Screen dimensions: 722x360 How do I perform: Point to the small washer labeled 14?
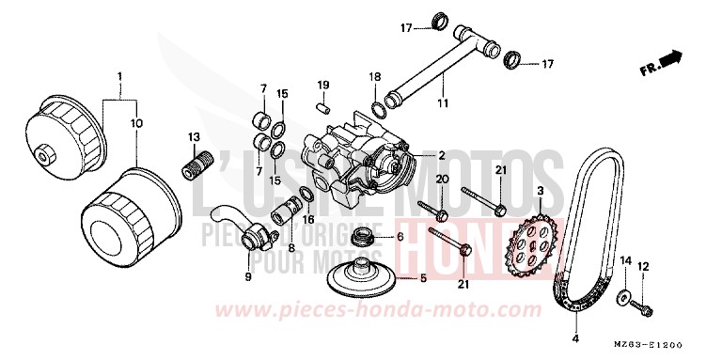tap(622, 299)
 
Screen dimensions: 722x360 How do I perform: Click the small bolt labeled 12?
tap(647, 305)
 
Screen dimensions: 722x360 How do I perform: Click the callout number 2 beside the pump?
tap(440, 155)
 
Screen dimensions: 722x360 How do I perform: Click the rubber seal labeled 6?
tap(361, 237)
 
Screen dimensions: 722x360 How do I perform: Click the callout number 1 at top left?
tap(119, 74)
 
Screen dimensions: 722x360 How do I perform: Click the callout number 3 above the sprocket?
tap(541, 191)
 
